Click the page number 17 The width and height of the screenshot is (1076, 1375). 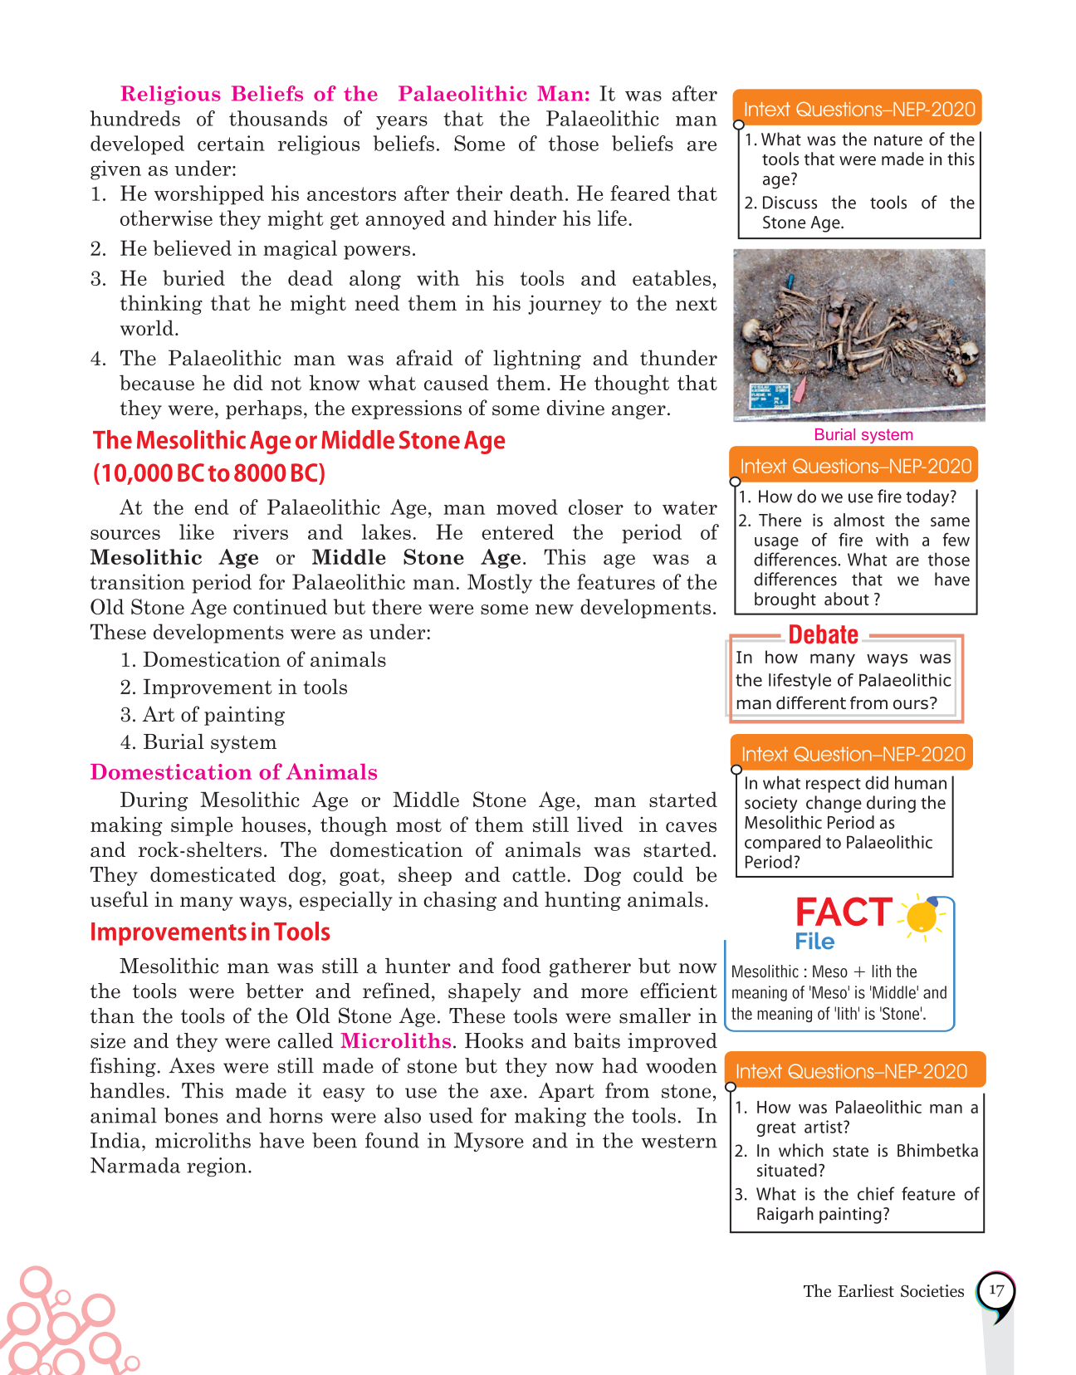(996, 1290)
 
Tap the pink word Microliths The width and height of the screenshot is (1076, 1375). (396, 1041)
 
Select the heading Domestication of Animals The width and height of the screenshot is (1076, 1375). (233, 772)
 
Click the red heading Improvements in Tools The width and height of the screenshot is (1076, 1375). (210, 932)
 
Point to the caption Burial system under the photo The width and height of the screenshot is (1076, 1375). (863, 434)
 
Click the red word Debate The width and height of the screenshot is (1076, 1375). (823, 634)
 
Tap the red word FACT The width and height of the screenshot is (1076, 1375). (844, 913)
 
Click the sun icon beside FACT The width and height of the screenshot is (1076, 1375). (922, 916)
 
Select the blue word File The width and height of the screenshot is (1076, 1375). (814, 942)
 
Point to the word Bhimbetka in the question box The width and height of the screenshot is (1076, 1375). (937, 1151)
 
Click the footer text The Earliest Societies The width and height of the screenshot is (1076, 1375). (883, 1291)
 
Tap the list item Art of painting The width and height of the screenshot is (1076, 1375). (213, 715)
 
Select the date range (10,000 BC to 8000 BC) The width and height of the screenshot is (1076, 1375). (209, 473)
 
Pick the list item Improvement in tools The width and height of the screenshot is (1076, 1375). (245, 687)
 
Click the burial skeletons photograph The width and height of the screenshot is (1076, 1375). (859, 335)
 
